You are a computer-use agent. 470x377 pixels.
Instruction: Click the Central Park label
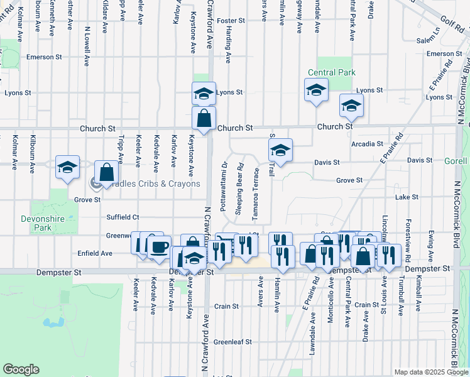click(x=332, y=73)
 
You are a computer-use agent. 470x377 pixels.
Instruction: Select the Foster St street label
click(x=231, y=21)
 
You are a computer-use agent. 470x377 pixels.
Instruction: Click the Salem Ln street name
click(x=428, y=39)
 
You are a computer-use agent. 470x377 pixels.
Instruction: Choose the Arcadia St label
click(x=368, y=144)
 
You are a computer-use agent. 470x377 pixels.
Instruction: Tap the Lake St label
click(x=407, y=197)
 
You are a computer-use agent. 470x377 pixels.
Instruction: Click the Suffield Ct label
click(x=123, y=217)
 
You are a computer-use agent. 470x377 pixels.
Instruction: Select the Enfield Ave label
click(x=96, y=253)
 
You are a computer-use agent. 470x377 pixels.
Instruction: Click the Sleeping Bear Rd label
click(x=239, y=189)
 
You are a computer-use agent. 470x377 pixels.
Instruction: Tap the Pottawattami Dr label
click(x=224, y=186)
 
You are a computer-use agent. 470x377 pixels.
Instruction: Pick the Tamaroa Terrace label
click(x=256, y=194)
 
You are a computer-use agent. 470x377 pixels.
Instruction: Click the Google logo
click(x=21, y=370)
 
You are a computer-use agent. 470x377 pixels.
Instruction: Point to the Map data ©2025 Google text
click(x=430, y=372)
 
